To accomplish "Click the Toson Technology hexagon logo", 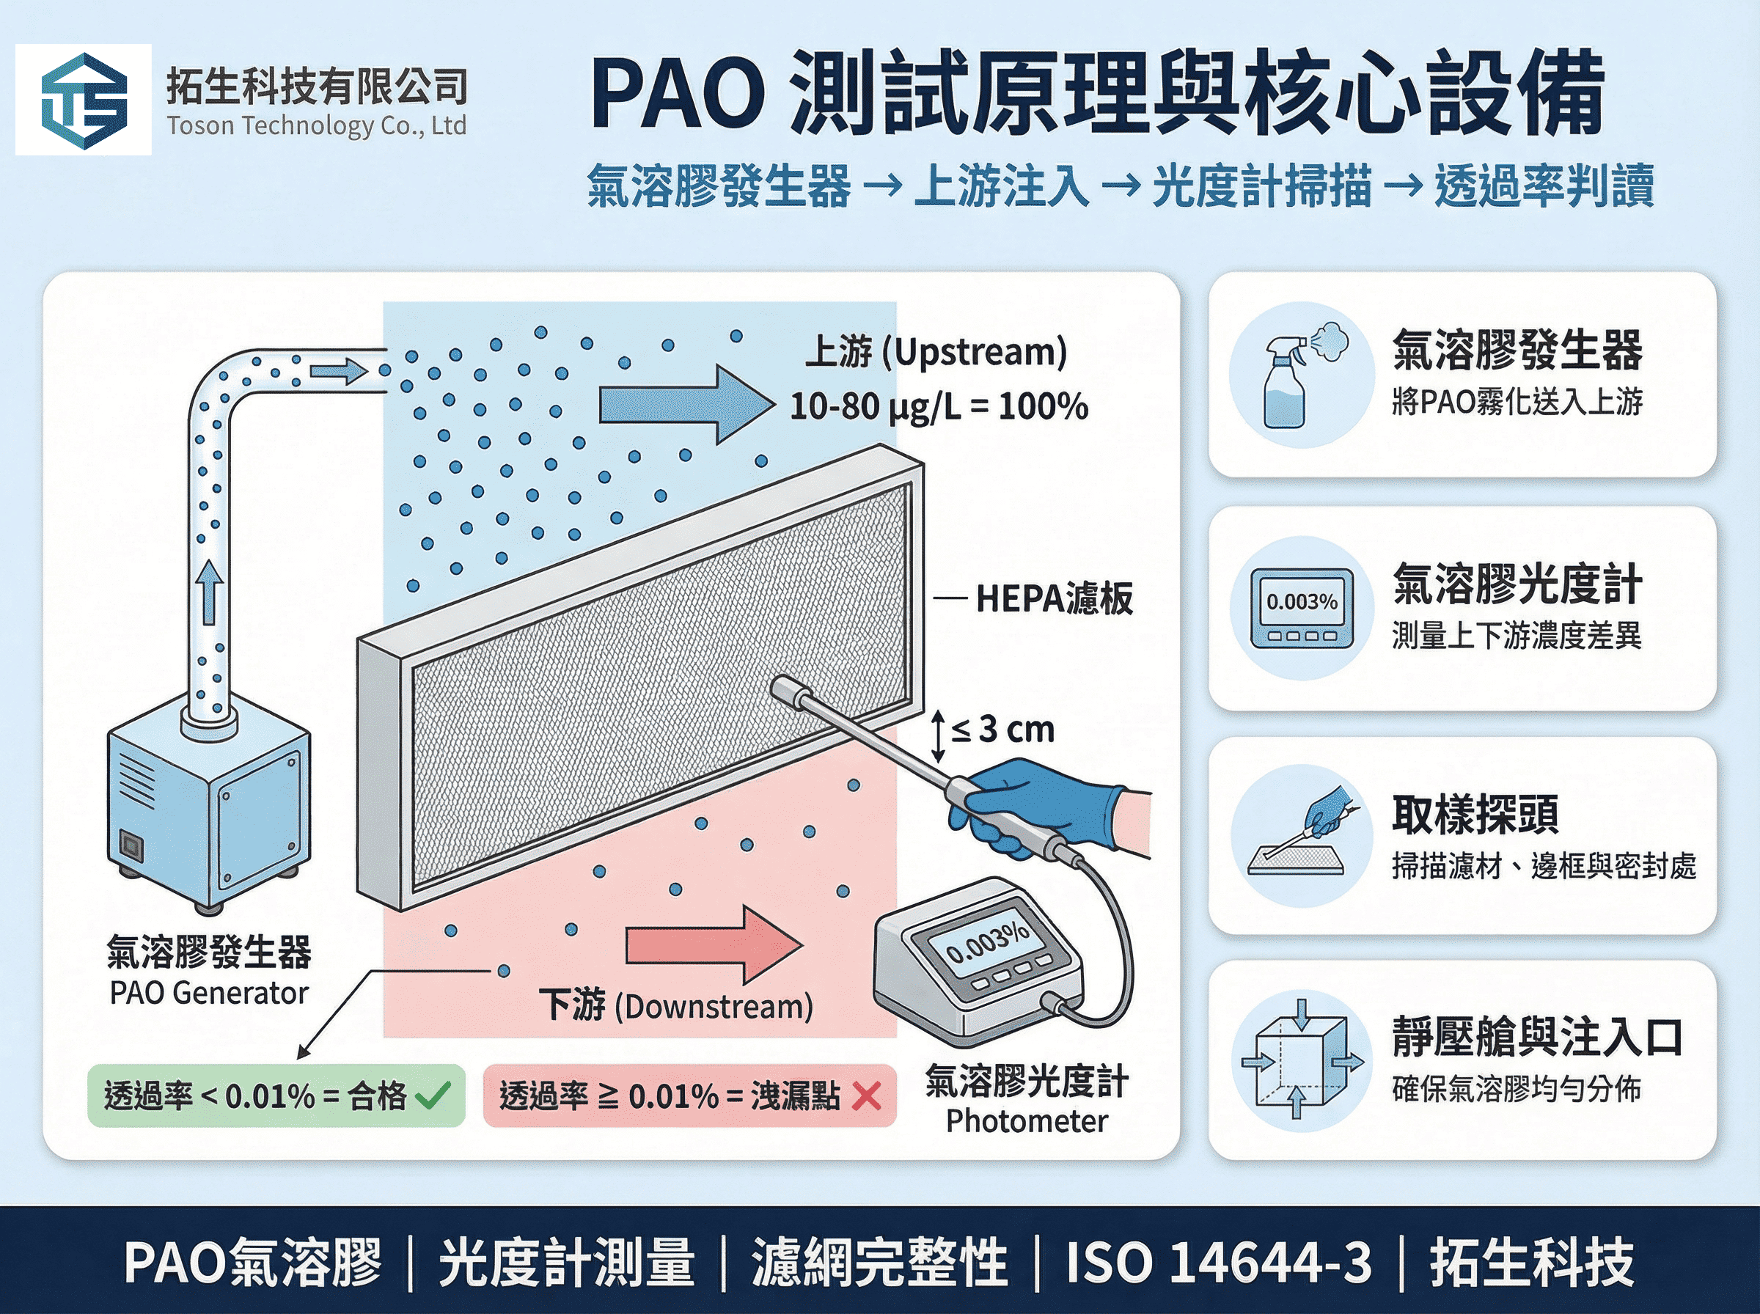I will [x=84, y=100].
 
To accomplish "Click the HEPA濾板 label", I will [x=1054, y=599].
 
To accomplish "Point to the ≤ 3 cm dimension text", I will [x=1004, y=730].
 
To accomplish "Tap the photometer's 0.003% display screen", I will [x=986, y=944].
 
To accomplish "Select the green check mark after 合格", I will [x=433, y=1095].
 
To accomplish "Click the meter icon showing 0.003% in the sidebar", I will [x=1301, y=608].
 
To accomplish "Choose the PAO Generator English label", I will [x=208, y=993].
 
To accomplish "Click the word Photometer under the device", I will [x=1026, y=1121].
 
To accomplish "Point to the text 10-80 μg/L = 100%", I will [x=939, y=406].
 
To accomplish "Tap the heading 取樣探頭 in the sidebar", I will [x=1475, y=815].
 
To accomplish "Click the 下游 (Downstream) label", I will [x=676, y=1005].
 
